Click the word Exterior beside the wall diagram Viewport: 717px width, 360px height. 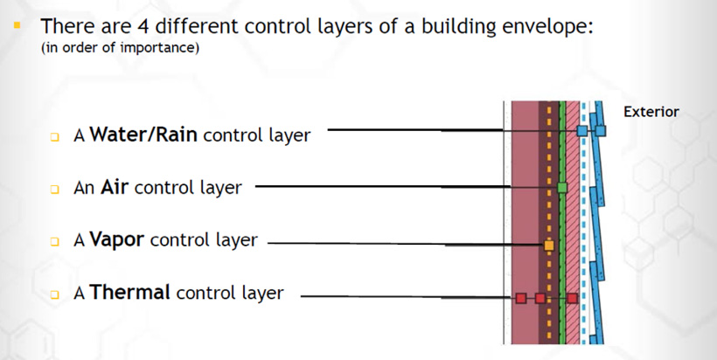coord(651,112)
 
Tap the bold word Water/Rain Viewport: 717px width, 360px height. coord(143,135)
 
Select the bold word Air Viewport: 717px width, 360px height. coord(114,187)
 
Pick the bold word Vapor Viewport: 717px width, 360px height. coord(117,239)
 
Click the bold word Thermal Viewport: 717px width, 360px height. coord(130,292)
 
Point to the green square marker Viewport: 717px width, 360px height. coord(562,187)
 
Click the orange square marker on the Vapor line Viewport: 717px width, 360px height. coord(549,246)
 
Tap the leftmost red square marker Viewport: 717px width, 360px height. coord(520,298)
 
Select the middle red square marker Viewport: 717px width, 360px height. coord(540,298)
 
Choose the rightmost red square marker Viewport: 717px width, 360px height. coord(572,298)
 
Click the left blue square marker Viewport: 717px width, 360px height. coord(581,131)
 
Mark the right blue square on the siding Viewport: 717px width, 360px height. coord(601,131)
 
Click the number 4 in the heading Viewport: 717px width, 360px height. coord(142,26)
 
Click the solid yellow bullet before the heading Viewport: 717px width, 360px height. coord(17,24)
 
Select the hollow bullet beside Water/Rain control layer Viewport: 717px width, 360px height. coord(55,136)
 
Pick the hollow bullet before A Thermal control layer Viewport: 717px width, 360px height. coord(55,294)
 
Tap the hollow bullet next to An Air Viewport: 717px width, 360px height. coord(55,189)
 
